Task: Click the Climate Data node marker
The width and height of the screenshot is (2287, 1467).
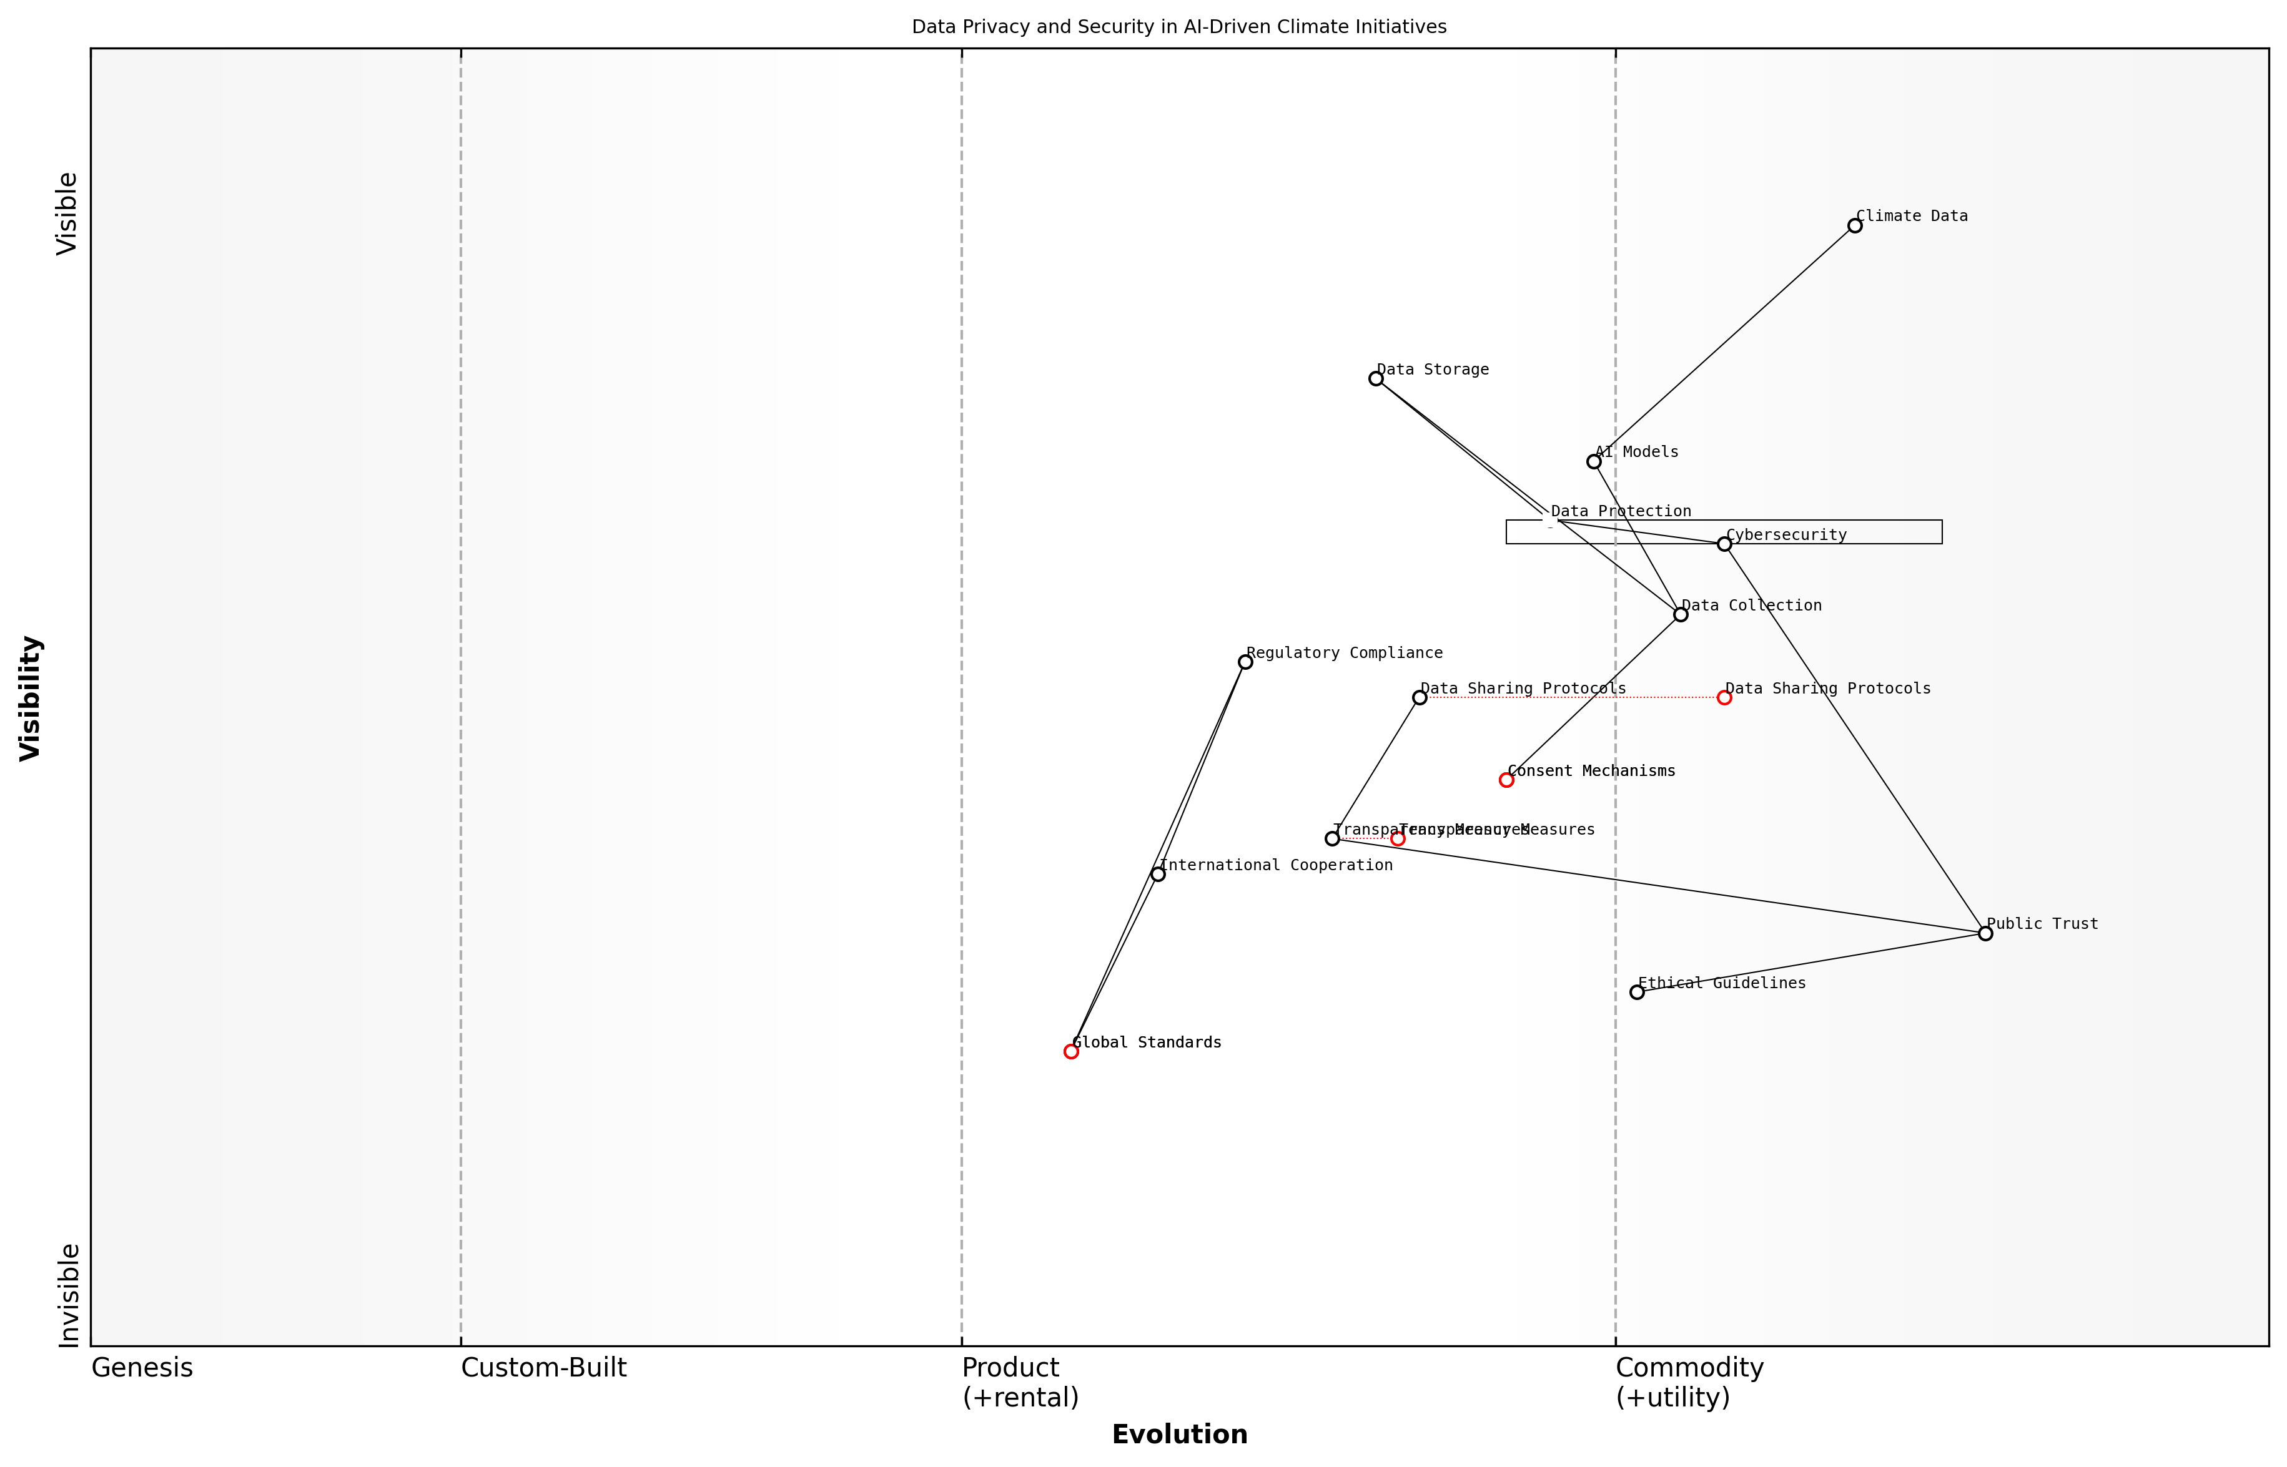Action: coord(1854,226)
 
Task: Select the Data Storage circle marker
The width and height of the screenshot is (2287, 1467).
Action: coord(1376,379)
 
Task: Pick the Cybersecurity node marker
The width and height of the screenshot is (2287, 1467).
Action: coord(1724,544)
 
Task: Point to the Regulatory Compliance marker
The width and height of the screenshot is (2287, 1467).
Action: coord(1245,662)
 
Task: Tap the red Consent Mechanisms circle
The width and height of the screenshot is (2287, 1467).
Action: coord(1506,780)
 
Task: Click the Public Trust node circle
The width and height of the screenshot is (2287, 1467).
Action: coord(1985,933)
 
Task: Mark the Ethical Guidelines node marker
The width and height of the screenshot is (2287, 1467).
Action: coord(1637,993)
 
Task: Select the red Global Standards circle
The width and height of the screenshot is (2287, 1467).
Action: coord(1071,1052)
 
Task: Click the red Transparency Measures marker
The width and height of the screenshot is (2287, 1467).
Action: coord(1398,839)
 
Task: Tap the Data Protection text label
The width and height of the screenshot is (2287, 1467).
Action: coord(1621,511)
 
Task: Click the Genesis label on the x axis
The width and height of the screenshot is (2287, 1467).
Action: coord(142,1368)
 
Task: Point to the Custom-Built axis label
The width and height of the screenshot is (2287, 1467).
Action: coord(543,1368)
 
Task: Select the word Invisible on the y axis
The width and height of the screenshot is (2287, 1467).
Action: coord(69,1295)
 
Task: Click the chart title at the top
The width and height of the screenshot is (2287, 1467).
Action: coord(1178,27)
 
